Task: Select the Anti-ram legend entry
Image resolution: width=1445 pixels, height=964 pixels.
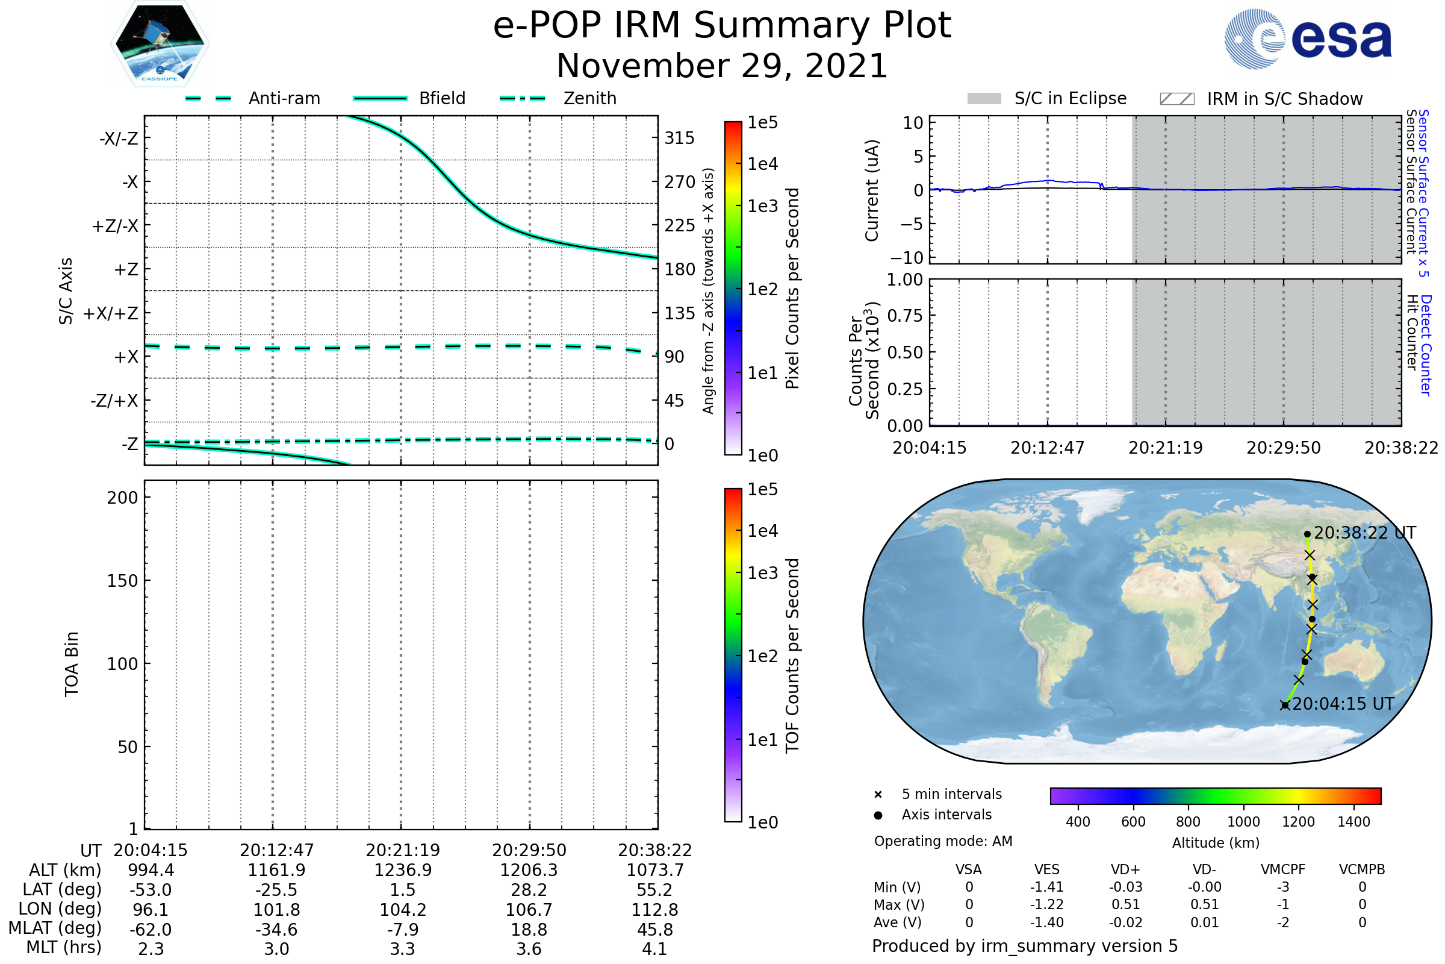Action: (253, 98)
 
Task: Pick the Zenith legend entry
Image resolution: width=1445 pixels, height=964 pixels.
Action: (558, 98)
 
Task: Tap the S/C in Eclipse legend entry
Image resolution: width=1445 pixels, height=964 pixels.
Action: (1046, 99)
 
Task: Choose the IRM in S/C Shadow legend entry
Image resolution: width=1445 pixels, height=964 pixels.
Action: (1261, 99)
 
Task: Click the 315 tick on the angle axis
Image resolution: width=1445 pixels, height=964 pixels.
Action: (680, 139)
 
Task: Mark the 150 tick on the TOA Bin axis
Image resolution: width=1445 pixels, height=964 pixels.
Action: (122, 581)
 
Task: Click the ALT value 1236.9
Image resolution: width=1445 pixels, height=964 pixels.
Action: (403, 871)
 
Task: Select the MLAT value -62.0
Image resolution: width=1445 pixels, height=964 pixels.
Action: (151, 930)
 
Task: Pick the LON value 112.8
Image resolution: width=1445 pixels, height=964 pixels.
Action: (655, 910)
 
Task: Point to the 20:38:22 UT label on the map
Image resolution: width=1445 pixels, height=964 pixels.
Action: (1364, 533)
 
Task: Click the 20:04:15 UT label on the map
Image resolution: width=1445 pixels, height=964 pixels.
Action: (1343, 704)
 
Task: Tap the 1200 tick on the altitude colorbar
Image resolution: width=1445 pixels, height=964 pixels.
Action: (1298, 822)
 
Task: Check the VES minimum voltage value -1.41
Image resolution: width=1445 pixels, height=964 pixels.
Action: (1047, 887)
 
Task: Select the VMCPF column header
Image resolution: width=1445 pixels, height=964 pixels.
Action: (1283, 870)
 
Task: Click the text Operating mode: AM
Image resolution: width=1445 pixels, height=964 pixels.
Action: (943, 841)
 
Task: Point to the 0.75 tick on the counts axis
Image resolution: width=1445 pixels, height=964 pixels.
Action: (905, 316)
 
